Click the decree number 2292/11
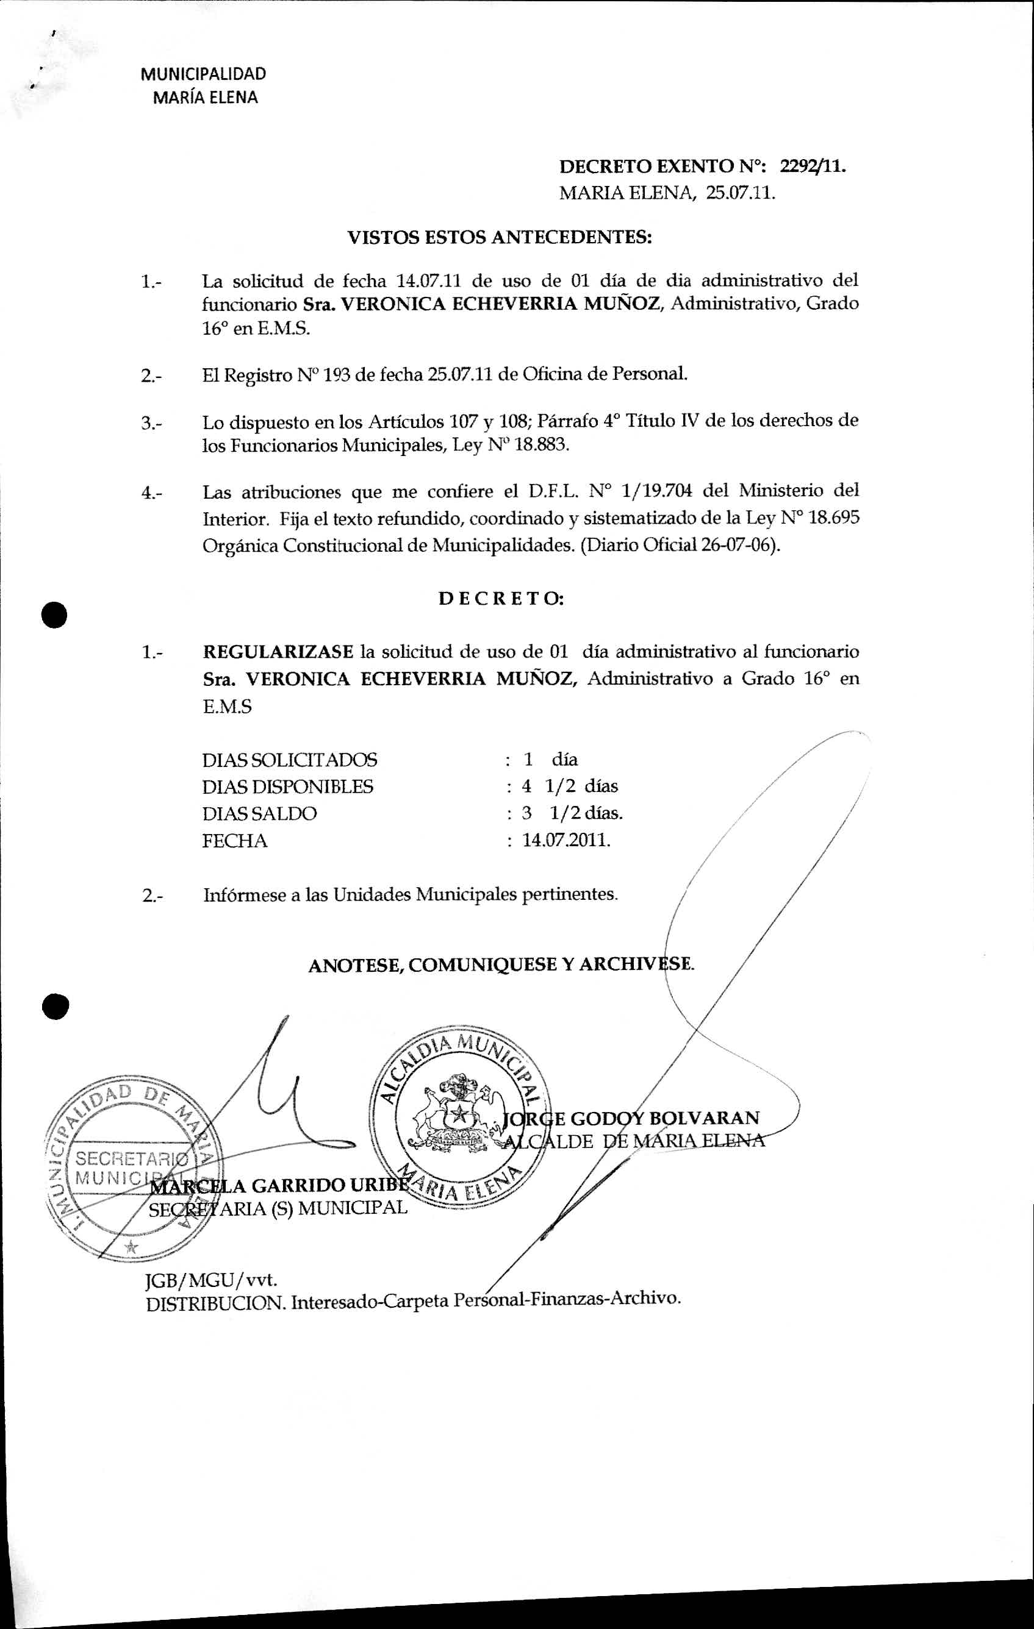pos(812,166)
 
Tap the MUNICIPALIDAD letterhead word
pos(203,74)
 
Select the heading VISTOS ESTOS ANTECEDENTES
pos(500,237)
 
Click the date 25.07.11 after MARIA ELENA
pos(741,193)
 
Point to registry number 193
pos(336,374)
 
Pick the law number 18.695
pos(834,518)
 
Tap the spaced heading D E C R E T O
pos(501,599)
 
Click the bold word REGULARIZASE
pos(278,652)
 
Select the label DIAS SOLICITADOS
pos(290,760)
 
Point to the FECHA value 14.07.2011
pos(566,841)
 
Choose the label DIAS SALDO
pos(259,814)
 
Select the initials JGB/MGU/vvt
pos(212,1280)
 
